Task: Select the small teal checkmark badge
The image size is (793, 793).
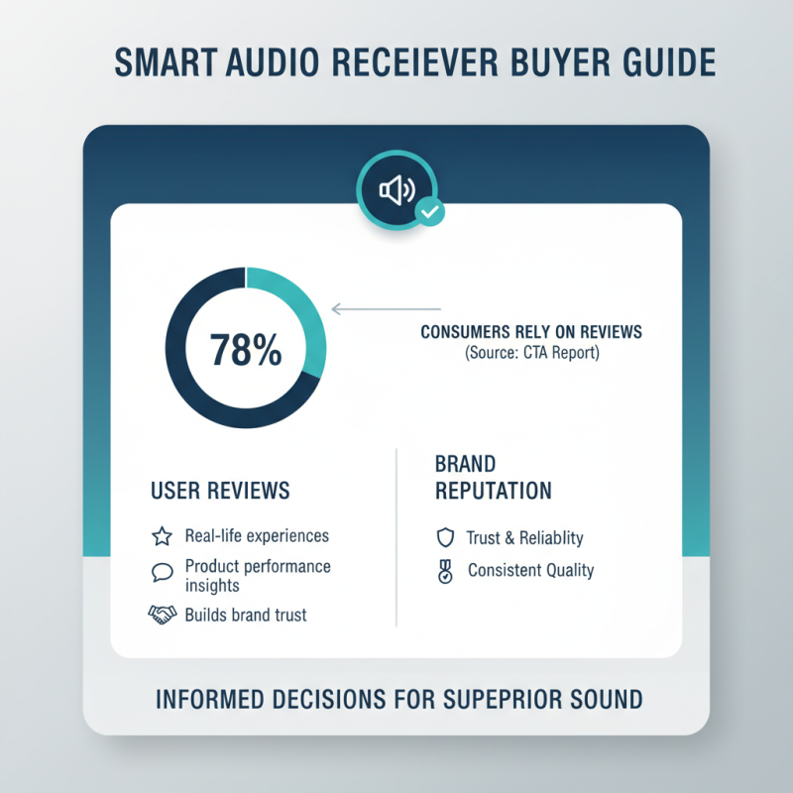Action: (429, 211)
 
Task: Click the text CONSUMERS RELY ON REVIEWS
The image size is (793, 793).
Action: (530, 332)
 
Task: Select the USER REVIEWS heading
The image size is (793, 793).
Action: (220, 491)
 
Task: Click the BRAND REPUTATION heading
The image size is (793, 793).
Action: (493, 478)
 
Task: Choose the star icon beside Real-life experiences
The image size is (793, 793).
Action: (162, 537)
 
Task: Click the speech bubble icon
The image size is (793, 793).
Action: (162, 573)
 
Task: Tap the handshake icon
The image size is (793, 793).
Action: (162, 616)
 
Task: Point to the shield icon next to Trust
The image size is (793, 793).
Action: (445, 538)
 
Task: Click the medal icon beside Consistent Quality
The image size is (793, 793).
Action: (445, 571)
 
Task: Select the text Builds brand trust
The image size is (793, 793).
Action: (246, 616)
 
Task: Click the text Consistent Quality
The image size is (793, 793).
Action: (530, 571)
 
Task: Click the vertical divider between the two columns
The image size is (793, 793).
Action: (396, 535)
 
